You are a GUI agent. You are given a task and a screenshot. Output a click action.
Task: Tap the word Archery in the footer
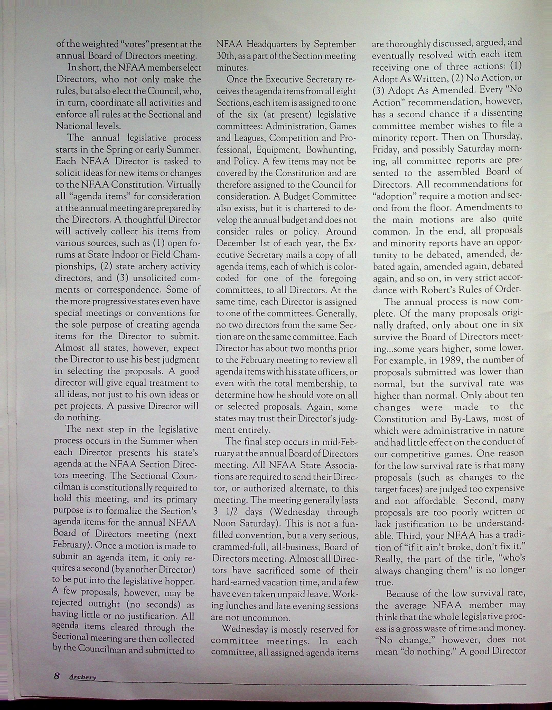tap(83, 677)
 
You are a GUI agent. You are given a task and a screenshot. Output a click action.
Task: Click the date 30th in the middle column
tap(224, 56)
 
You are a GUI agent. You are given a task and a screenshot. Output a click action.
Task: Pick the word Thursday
tap(502, 137)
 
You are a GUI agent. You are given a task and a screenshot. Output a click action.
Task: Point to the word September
tap(335, 44)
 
